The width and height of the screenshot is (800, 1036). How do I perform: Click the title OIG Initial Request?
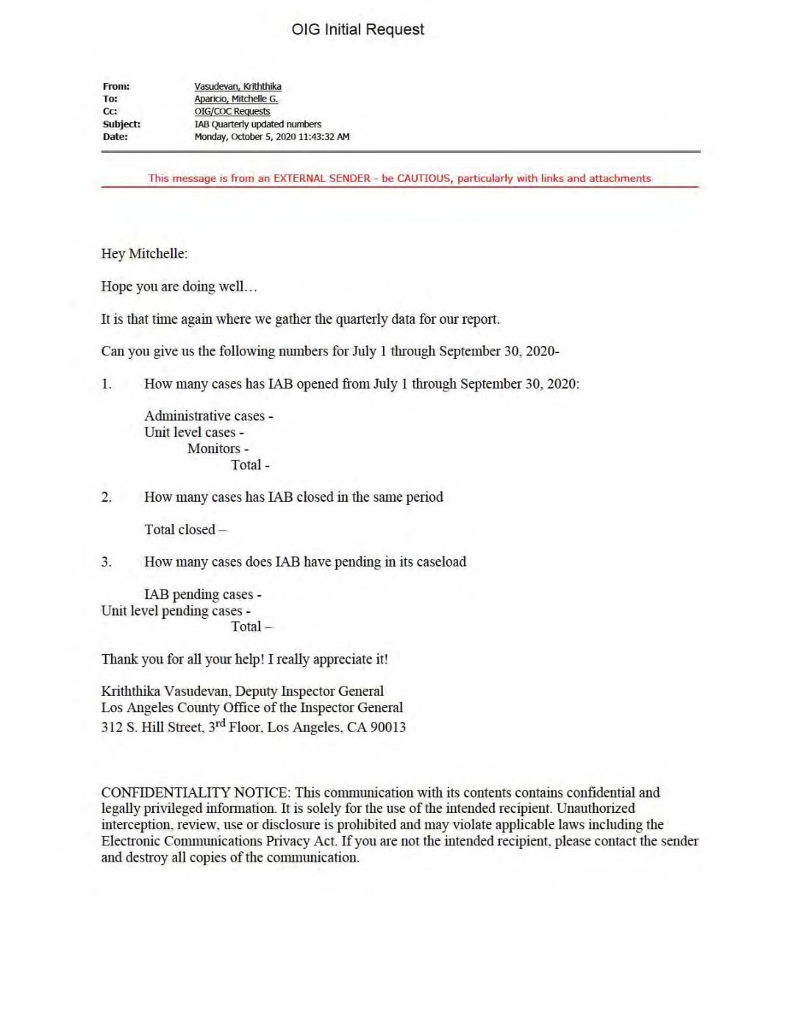[x=357, y=29]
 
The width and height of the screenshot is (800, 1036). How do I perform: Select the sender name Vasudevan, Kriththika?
[x=238, y=86]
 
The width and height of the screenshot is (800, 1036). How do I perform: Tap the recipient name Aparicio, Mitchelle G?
[x=236, y=99]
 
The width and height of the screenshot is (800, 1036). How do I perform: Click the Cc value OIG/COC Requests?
[x=232, y=111]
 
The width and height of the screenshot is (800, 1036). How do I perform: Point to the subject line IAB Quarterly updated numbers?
[x=257, y=124]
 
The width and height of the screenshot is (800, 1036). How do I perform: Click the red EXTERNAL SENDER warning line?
[x=399, y=178]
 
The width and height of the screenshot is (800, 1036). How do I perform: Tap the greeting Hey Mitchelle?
[x=144, y=254]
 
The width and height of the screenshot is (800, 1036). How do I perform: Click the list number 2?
[x=107, y=497]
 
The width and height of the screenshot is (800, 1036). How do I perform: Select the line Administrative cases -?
[x=208, y=416]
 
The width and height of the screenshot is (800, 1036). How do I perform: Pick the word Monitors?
[x=213, y=449]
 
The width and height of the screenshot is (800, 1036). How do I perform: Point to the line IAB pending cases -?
[x=202, y=595]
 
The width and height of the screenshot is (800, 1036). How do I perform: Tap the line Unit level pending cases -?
[x=176, y=611]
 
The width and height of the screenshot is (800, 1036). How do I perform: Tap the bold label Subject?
[x=121, y=124]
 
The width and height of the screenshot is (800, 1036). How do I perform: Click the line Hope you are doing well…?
[x=179, y=286]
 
